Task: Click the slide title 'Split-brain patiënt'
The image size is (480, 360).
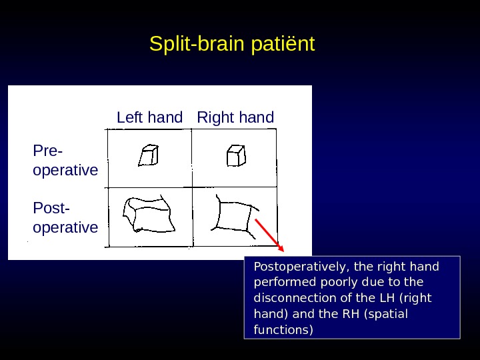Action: (232, 45)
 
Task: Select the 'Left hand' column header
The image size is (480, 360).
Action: (149, 118)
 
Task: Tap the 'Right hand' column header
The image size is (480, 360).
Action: (235, 118)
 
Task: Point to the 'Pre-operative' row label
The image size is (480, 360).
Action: (65, 161)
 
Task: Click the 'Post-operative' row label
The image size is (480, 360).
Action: (65, 218)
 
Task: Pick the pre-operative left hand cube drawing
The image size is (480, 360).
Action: (148, 155)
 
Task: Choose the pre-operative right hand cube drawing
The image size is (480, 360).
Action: (236, 155)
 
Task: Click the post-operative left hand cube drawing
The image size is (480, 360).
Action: (149, 215)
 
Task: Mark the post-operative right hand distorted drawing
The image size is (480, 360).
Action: (234, 216)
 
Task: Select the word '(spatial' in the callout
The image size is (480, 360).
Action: (387, 314)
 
